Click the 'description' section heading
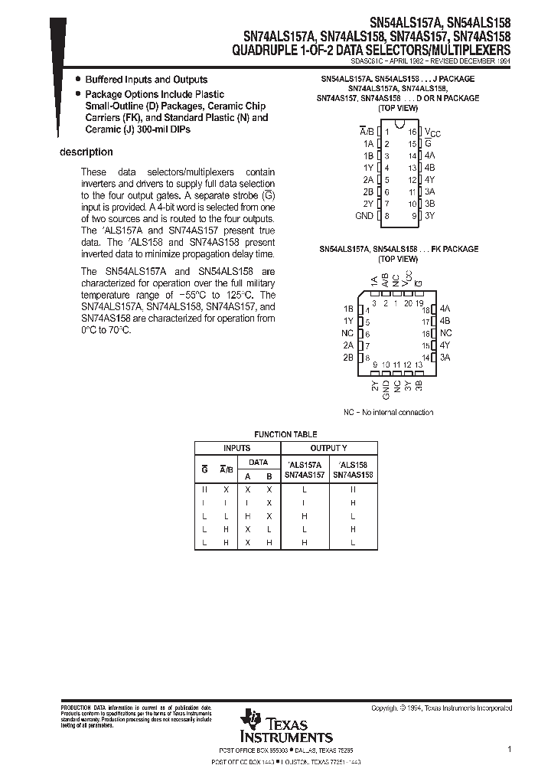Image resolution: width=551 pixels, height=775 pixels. click(86, 152)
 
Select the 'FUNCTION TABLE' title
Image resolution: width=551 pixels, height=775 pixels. click(285, 434)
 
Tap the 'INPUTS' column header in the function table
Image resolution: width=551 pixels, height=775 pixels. click(236, 448)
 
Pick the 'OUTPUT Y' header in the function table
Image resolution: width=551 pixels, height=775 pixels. click(328, 448)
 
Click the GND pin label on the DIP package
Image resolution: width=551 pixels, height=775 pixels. click(364, 216)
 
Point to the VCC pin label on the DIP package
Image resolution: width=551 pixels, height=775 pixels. click(432, 132)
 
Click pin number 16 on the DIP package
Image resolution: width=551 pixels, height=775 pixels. click(412, 132)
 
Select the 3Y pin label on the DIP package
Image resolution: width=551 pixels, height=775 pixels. click(429, 216)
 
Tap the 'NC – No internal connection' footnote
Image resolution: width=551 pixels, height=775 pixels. click(388, 412)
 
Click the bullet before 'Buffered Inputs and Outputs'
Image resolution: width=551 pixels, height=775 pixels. click(77, 80)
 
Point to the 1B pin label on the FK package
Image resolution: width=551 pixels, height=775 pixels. click(348, 309)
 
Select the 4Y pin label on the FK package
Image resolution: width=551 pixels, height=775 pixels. click(445, 345)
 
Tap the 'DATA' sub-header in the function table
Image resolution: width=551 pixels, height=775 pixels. click(259, 463)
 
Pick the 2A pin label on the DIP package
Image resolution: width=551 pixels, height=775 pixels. click(367, 180)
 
